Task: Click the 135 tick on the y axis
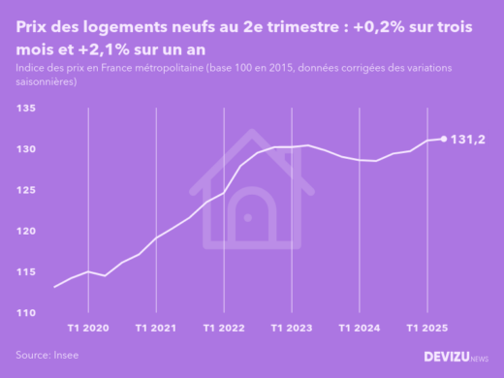coord(26,110)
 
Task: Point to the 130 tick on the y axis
coord(26,149)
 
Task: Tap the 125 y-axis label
coord(26,190)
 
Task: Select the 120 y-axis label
coord(26,231)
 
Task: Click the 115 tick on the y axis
coord(26,272)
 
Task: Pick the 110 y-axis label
coord(26,313)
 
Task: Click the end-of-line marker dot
coord(444,139)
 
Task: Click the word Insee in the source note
coord(66,356)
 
